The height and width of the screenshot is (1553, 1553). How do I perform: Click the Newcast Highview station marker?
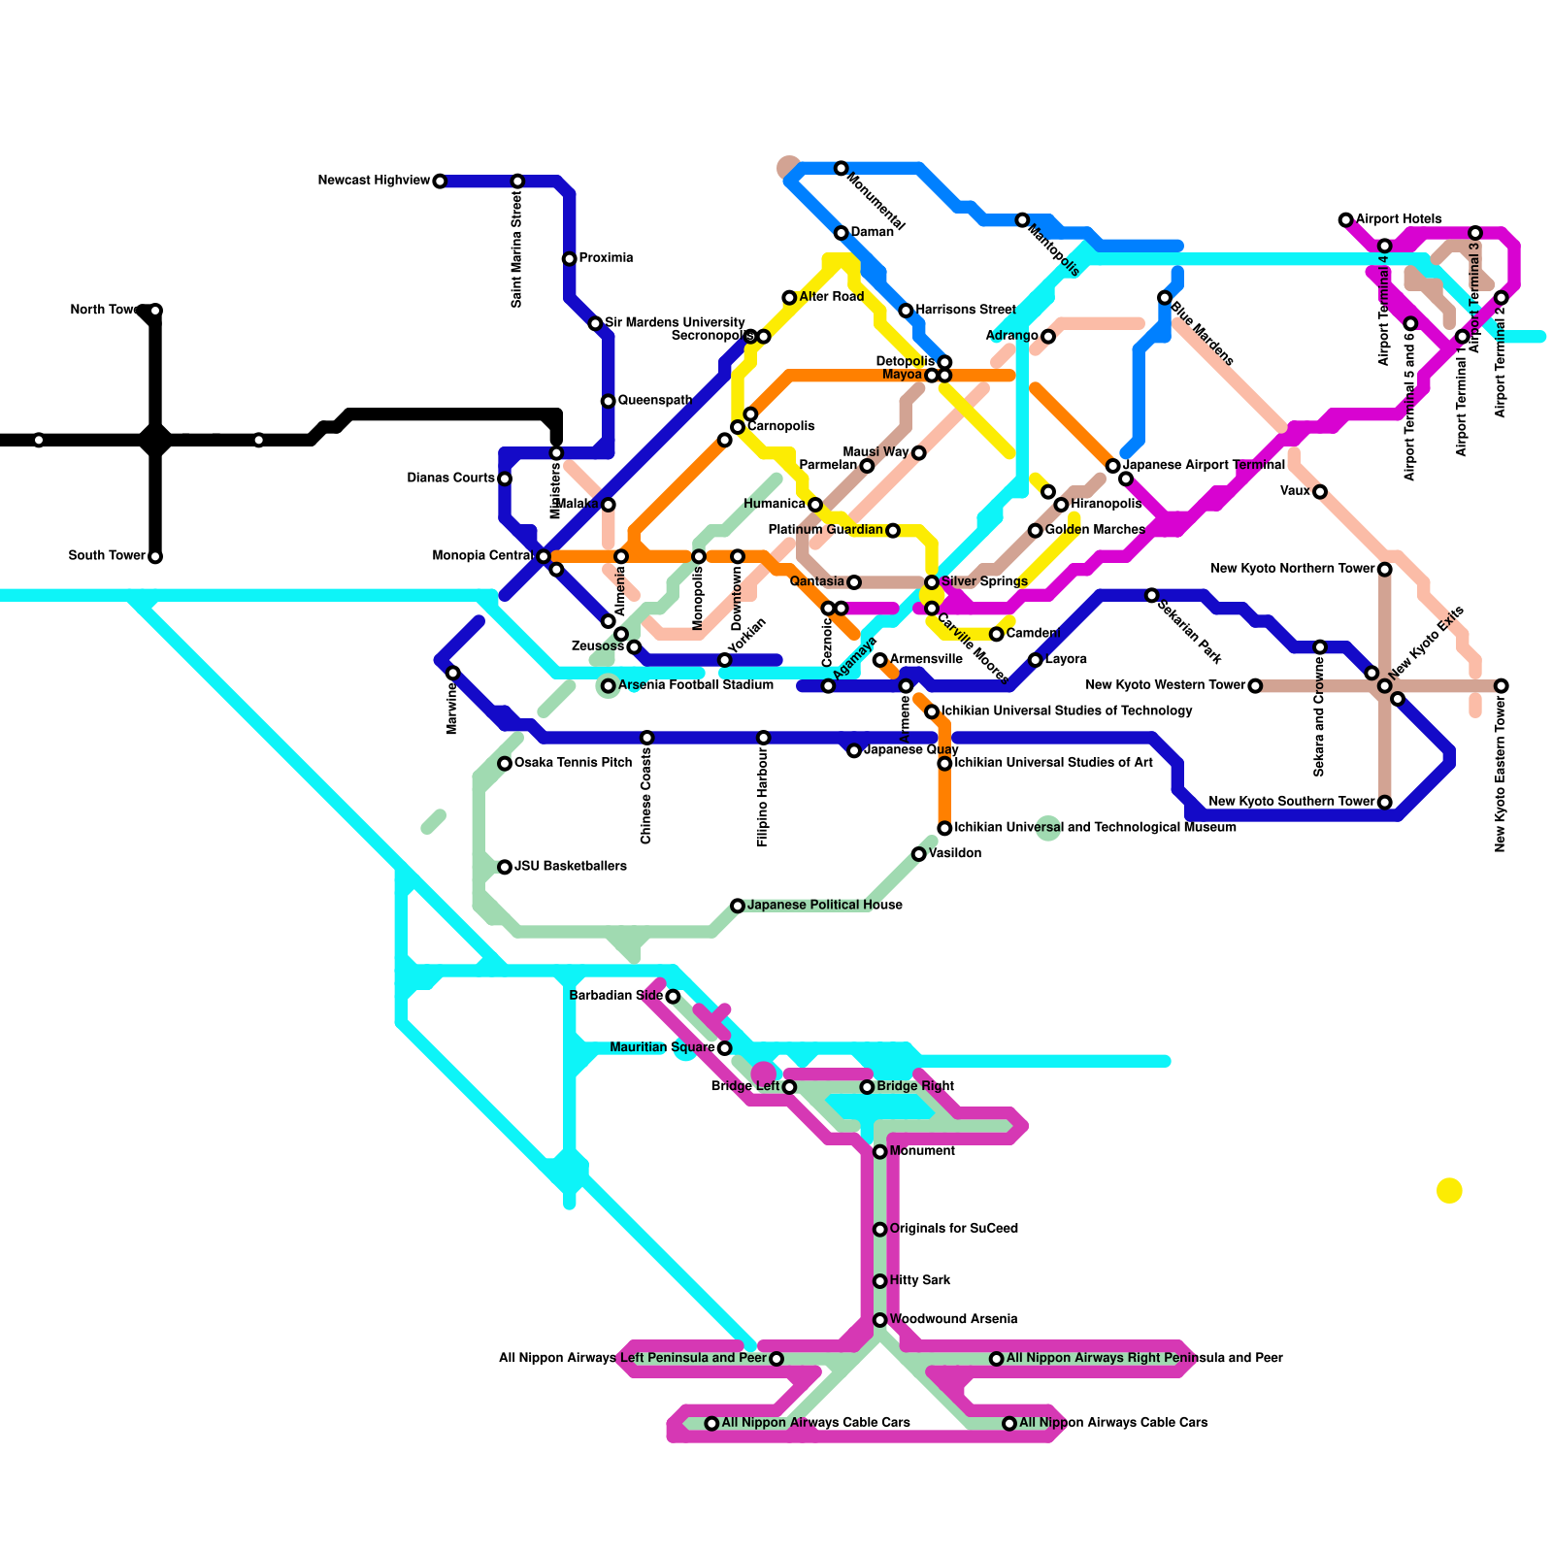point(440,182)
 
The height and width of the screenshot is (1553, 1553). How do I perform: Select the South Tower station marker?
point(155,557)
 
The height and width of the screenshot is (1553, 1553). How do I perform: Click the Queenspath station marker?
point(608,402)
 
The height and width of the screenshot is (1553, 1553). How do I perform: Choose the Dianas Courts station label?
point(450,478)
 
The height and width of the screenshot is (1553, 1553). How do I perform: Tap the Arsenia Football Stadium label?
point(695,685)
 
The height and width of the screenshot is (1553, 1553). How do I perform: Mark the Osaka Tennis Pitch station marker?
point(505,764)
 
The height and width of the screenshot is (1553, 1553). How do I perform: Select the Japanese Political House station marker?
point(738,906)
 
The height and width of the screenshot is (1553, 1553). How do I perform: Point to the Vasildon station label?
point(954,853)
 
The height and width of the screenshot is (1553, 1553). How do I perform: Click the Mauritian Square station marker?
point(724,1048)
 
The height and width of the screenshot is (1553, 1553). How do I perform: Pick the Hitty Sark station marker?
point(879,1281)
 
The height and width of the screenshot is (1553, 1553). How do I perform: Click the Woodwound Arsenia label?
point(952,1319)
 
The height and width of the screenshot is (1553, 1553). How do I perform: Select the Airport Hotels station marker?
point(1345,220)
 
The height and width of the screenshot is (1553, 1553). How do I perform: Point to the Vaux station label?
point(1295,491)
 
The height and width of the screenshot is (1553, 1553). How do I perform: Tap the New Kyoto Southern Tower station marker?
point(1385,803)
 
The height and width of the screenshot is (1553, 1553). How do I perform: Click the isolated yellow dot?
point(1449,1190)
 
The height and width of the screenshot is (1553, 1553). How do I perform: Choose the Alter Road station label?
point(831,296)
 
